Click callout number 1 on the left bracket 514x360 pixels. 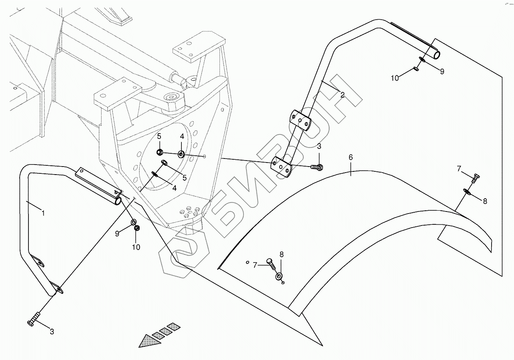[x=43, y=213]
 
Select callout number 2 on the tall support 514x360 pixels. [x=342, y=95]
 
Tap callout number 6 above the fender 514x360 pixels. [x=351, y=157]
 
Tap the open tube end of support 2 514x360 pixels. [x=436, y=54]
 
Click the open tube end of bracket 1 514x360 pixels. [x=117, y=201]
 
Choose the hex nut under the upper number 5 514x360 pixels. [x=159, y=152]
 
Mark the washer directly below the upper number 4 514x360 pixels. [x=181, y=154]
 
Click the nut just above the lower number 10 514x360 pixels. [x=136, y=228]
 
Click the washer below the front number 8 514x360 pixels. [x=279, y=277]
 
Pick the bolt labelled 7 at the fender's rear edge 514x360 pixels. [x=475, y=178]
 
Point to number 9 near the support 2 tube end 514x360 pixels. [x=442, y=71]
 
